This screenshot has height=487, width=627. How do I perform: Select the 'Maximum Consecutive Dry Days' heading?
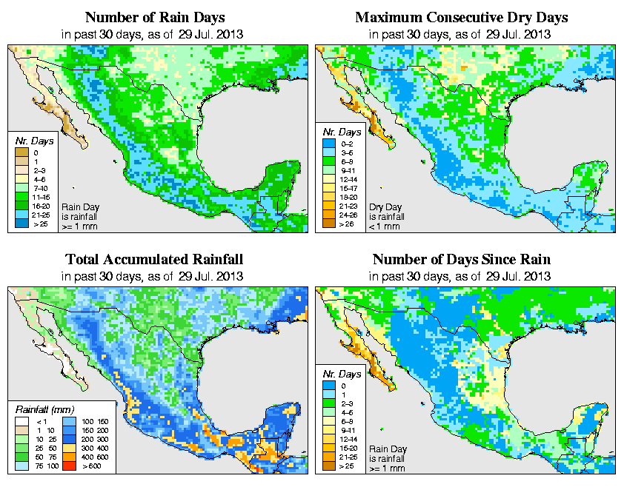click(462, 17)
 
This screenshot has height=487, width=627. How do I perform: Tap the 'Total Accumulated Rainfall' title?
click(154, 260)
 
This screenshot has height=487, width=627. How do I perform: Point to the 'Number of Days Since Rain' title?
click(462, 260)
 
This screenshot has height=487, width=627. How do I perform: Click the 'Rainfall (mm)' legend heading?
click(44, 409)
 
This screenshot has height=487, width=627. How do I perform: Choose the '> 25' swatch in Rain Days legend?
click(21, 223)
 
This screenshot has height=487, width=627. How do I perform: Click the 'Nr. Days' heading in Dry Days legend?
click(342, 131)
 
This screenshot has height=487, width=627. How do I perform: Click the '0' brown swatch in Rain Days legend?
click(21, 152)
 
